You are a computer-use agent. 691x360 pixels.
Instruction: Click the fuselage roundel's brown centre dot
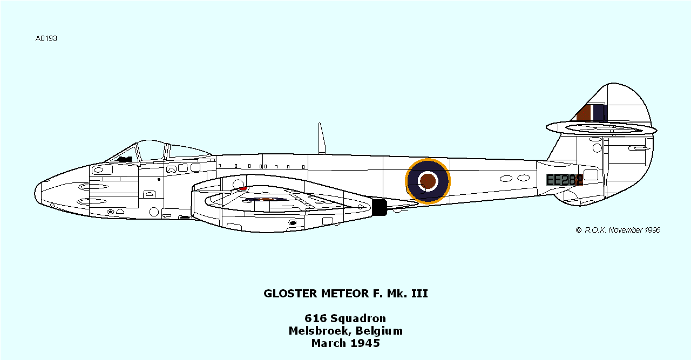coord(428,181)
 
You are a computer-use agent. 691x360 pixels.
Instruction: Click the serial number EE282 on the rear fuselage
coord(564,180)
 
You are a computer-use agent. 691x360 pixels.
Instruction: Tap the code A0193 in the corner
coord(46,39)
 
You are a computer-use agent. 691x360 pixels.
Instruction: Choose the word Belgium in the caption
coord(380,331)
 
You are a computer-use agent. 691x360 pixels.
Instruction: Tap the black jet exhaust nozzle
coord(380,207)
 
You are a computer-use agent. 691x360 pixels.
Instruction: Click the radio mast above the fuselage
coord(322,139)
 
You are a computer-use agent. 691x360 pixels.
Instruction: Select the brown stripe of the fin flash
coord(584,113)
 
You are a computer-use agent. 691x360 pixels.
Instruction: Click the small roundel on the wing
coord(265,199)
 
